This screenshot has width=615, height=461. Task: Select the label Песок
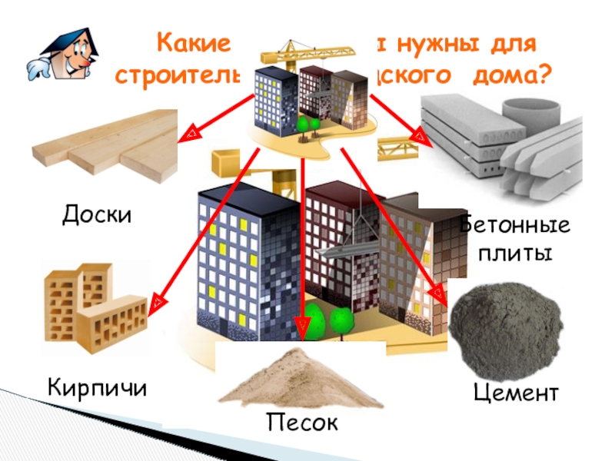tap(302, 422)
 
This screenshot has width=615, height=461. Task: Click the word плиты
tap(515, 253)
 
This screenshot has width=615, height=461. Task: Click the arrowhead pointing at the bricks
tap(156, 302)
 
